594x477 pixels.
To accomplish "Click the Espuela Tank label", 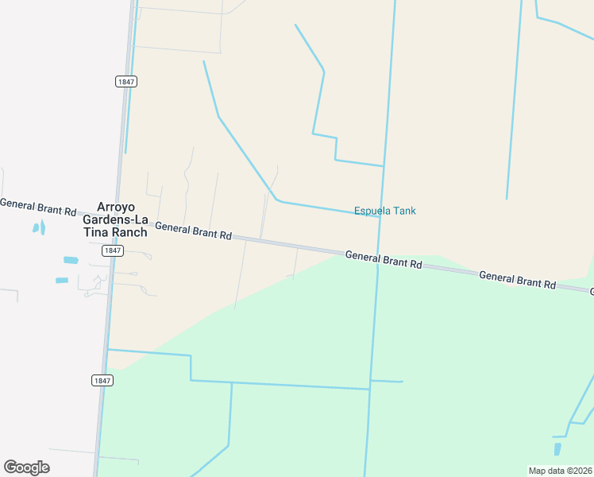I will (x=384, y=211).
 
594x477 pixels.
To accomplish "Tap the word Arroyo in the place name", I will (x=117, y=206).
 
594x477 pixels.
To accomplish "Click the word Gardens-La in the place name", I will (x=117, y=219).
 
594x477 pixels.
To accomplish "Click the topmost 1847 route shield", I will (x=126, y=82).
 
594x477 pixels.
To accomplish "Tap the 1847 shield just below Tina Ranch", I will (x=113, y=250).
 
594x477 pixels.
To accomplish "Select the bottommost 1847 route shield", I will (x=102, y=381).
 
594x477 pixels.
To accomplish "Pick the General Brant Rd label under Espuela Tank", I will (x=384, y=259).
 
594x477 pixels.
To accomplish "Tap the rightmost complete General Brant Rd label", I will (x=517, y=279).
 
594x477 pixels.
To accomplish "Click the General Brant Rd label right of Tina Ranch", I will (x=193, y=231).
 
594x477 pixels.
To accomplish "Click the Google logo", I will (x=26, y=467).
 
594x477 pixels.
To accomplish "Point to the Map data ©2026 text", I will (x=561, y=471).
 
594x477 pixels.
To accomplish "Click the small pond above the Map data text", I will (x=557, y=449).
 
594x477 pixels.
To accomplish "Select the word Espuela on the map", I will (x=372, y=211).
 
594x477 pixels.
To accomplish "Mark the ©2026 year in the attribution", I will (x=578, y=471).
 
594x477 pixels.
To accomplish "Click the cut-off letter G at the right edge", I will (x=591, y=292).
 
